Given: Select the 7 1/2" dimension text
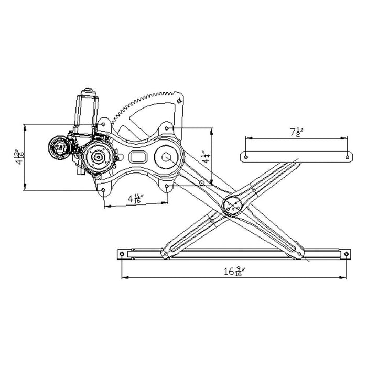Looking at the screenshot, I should pyautogui.click(x=297, y=132).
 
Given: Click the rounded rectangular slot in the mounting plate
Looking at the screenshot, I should pyautogui.click(x=138, y=157).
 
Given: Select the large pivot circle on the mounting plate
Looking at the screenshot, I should pyautogui.click(x=167, y=156).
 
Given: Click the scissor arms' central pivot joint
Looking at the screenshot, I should pyautogui.click(x=233, y=205).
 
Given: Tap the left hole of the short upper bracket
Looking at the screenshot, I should pyautogui.click(x=245, y=156).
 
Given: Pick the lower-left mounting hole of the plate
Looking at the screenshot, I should pyautogui.click(x=104, y=190).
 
